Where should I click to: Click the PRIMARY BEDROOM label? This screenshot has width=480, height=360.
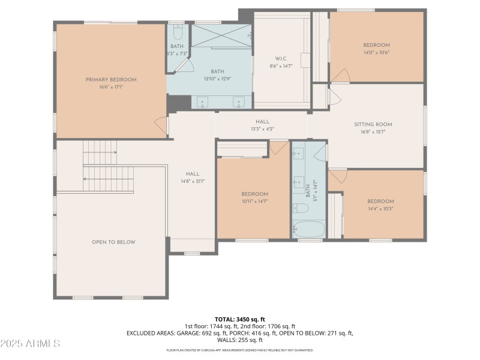tap(111, 80)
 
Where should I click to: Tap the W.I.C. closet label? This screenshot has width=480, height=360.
tap(281, 58)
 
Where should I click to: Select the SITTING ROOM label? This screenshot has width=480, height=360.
tap(373, 124)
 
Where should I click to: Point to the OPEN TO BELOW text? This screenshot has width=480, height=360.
tap(113, 242)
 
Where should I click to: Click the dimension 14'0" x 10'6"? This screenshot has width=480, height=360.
tap(376, 53)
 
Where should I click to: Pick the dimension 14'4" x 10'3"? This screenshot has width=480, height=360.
tap(380, 209)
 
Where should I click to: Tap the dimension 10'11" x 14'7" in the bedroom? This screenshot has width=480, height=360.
tap(254, 202)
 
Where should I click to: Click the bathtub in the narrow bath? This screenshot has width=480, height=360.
tap(308, 229)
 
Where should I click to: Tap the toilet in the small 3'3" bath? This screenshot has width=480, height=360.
tap(178, 29)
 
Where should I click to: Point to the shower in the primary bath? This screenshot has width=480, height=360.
tap(221, 35)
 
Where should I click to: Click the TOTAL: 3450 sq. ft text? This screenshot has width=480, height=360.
tap(240, 319)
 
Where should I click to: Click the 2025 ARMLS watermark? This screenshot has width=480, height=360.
tap(30, 344)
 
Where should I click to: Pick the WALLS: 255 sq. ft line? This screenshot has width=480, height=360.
tap(240, 340)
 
